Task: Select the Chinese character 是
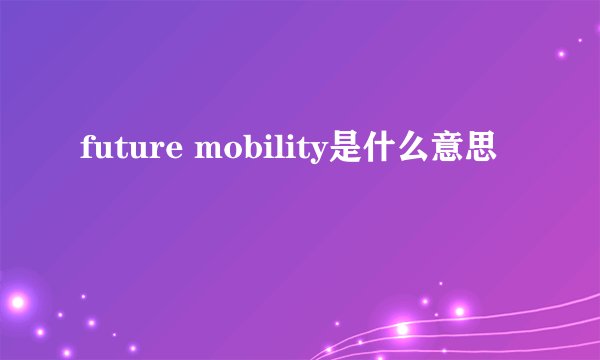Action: click(343, 150)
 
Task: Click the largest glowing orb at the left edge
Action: click(18, 301)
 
